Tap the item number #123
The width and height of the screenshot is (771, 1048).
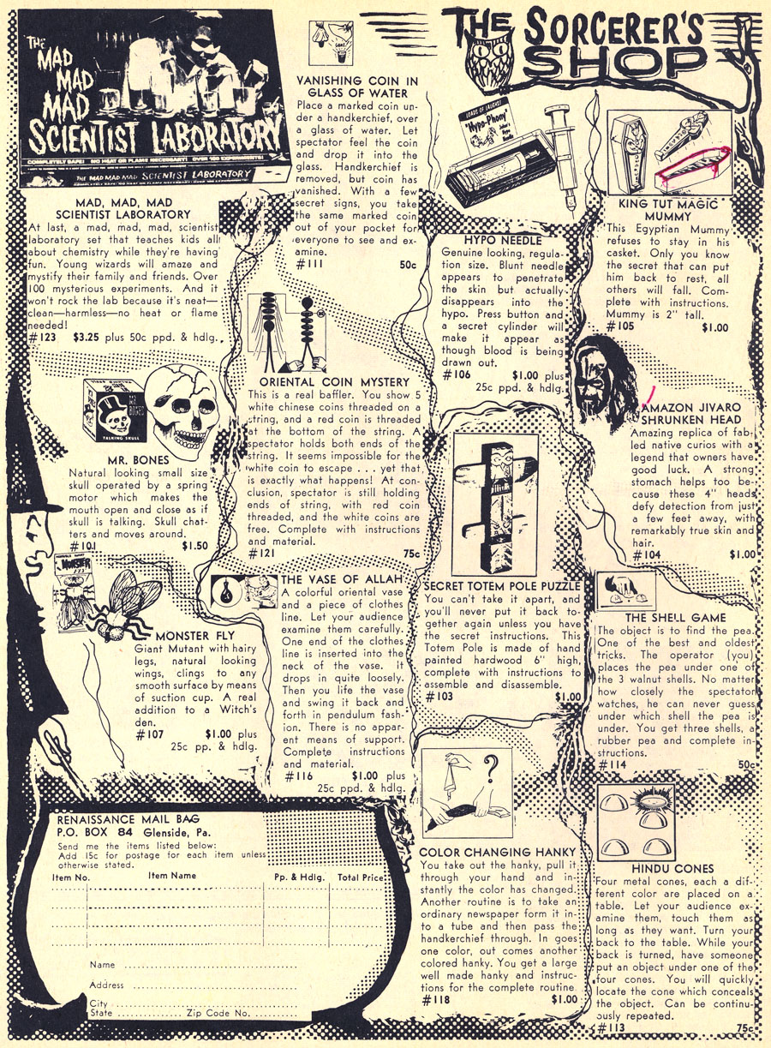[x=42, y=338]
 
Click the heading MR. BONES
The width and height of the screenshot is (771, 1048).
[x=139, y=460]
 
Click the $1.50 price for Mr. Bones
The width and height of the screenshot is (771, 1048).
[x=195, y=546]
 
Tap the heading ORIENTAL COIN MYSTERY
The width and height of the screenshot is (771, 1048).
[x=334, y=382]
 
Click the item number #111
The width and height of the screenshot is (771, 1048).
[x=310, y=265]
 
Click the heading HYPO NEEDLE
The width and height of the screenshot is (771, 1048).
[x=503, y=241]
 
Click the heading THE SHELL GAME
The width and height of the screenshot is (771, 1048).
[x=676, y=618]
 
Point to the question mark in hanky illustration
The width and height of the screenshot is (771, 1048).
[x=490, y=769]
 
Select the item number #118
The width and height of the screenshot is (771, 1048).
[x=435, y=999]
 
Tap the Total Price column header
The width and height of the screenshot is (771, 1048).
[x=360, y=877]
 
